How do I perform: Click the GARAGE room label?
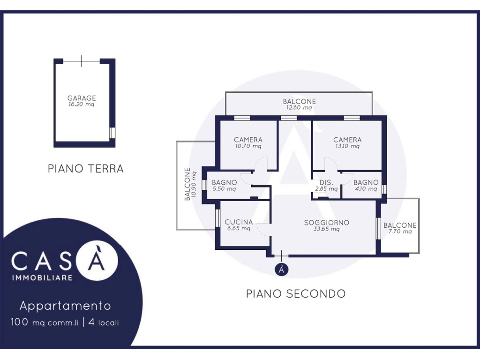click(x=82, y=98)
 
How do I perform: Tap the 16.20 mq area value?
click(x=82, y=105)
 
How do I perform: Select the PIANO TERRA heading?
click(x=86, y=169)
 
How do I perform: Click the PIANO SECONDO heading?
click(x=296, y=293)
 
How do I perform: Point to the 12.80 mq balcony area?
click(x=299, y=107)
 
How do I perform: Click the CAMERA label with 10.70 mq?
click(x=248, y=140)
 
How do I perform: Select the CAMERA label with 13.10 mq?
click(x=347, y=140)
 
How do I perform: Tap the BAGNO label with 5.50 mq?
click(x=225, y=182)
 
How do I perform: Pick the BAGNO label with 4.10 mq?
click(x=366, y=182)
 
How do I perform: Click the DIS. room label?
click(x=326, y=182)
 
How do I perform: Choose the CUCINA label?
click(x=239, y=222)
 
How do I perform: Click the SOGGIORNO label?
click(x=327, y=223)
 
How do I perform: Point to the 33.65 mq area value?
click(x=327, y=229)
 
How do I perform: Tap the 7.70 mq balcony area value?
click(x=400, y=232)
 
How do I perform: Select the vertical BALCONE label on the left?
click(x=187, y=184)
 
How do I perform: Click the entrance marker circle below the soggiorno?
click(x=282, y=270)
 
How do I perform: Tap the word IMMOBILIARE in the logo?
click(x=42, y=278)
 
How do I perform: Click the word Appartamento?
click(x=65, y=306)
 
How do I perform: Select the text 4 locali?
click(x=104, y=322)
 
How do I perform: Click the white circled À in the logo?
click(x=97, y=260)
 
